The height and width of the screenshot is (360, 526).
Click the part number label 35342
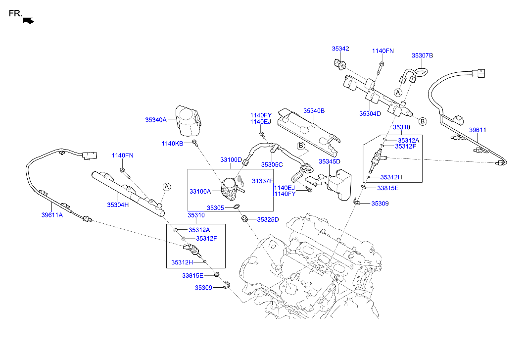click(x=340, y=49)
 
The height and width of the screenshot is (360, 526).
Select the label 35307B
click(x=422, y=56)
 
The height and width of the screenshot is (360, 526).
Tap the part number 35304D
click(x=370, y=113)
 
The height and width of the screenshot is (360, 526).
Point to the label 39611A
click(x=51, y=215)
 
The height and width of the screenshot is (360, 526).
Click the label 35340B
click(x=314, y=111)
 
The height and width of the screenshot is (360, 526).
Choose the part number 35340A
click(x=156, y=119)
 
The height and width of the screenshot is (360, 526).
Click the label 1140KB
click(x=172, y=144)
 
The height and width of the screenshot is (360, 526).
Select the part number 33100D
click(x=231, y=160)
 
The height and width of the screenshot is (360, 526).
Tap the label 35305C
click(x=272, y=164)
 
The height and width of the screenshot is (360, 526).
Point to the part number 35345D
click(x=330, y=161)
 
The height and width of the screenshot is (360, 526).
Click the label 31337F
click(x=262, y=181)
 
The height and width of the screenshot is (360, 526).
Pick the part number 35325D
click(x=268, y=219)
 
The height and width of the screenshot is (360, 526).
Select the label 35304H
click(x=118, y=205)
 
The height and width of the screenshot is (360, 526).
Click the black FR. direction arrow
click(x=29, y=20)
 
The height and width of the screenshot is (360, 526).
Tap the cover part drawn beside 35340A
click(x=189, y=120)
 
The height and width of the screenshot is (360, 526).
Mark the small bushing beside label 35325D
click(x=244, y=218)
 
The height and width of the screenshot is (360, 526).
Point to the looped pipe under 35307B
click(x=417, y=73)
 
